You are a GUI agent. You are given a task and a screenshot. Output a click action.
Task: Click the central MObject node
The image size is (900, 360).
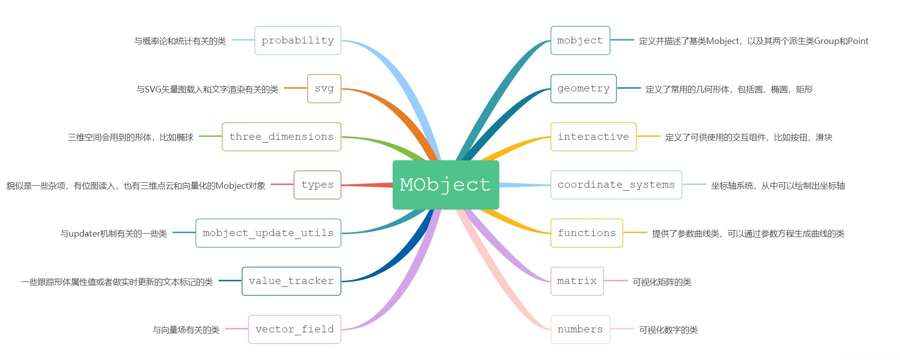click(446, 185)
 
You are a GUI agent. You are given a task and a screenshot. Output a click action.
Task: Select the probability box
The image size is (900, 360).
click(298, 40)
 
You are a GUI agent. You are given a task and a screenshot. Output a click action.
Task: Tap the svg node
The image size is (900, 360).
click(324, 88)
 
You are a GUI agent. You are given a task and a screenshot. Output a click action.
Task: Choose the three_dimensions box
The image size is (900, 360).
click(282, 137)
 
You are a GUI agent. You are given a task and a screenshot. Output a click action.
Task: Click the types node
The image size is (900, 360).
click(318, 185)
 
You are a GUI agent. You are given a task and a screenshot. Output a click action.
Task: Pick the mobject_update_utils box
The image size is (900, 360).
click(268, 233)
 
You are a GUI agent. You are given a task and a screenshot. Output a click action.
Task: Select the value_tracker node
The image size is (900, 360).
click(291, 281)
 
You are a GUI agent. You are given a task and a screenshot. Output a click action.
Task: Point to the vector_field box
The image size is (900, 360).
click(295, 329)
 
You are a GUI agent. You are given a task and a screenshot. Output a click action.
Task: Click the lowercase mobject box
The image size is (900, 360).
click(580, 40)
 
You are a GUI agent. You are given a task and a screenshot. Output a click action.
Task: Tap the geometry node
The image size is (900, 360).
click(583, 88)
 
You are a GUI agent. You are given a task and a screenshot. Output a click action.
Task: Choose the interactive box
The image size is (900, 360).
click(593, 137)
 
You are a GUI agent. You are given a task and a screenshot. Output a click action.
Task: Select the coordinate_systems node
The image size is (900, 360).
click(616, 185)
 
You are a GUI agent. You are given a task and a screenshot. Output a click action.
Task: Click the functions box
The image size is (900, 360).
click(587, 233)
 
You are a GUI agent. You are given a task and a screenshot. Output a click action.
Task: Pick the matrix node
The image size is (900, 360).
click(577, 281)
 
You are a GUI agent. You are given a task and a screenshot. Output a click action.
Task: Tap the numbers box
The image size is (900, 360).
click(580, 329)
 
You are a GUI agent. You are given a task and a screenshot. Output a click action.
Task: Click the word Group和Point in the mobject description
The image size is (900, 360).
click(841, 41)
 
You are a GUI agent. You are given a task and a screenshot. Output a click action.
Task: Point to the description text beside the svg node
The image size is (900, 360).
click(207, 89)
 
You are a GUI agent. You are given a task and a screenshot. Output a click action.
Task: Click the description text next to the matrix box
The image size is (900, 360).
click(662, 282)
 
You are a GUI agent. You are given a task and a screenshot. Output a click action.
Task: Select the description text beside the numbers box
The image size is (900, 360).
click(668, 330)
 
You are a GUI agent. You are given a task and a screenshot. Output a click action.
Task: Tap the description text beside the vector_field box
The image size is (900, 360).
click(186, 330)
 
